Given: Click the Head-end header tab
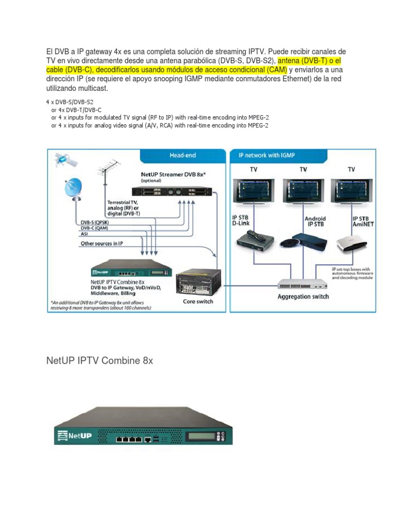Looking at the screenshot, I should (183, 155).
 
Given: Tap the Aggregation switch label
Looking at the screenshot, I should (303, 296).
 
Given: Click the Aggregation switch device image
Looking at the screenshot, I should (303, 284).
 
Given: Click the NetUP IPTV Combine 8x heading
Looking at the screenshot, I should (100, 361).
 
